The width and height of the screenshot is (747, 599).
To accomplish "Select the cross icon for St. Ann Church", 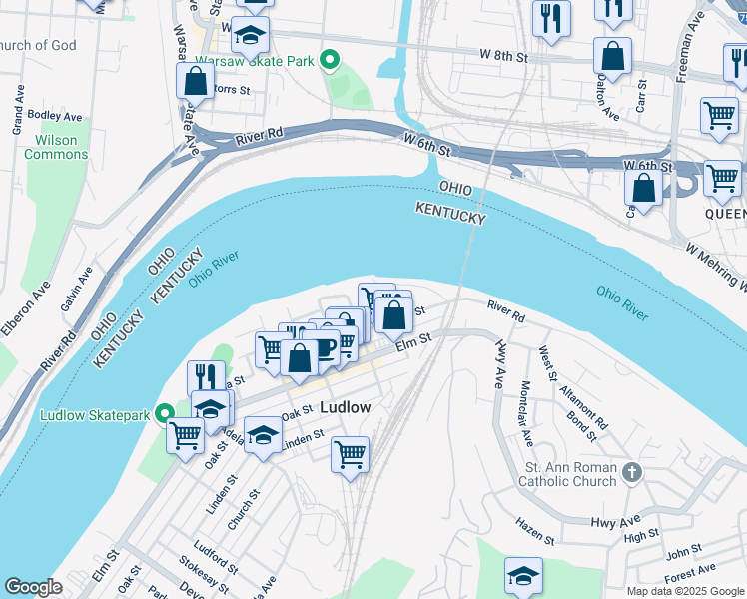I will [630, 471].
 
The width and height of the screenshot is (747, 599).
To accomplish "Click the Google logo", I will [33, 587].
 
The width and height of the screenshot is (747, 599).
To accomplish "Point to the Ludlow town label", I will [346, 408].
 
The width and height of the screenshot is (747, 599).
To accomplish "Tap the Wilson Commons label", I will [56, 148].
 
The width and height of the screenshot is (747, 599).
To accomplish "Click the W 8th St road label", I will [502, 57].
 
